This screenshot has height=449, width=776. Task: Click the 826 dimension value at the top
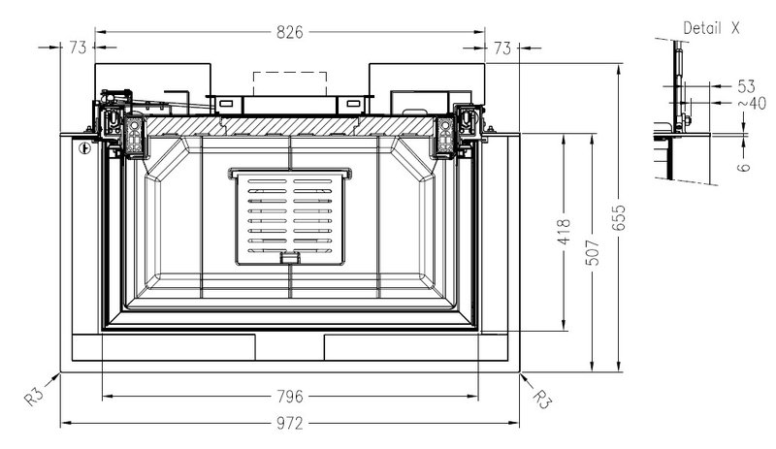289,32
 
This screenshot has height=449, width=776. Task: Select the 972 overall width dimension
289,424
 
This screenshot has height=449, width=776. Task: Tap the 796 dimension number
289,397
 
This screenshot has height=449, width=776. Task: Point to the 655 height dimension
619,218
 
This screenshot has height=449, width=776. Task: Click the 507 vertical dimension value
593,252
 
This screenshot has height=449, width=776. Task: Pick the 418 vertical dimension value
565,232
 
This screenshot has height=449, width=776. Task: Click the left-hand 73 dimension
78,48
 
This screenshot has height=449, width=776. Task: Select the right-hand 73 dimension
501,48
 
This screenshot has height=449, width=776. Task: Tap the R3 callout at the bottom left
34,397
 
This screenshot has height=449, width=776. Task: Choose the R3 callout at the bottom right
542,399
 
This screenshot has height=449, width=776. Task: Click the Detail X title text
711,28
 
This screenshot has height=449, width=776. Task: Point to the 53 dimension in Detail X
746,86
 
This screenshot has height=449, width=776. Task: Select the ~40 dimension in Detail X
753,103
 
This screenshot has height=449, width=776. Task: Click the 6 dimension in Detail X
743,167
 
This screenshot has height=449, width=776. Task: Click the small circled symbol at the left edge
85,147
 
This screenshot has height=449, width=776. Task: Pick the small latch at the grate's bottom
290,257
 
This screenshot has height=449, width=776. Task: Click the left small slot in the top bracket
225,104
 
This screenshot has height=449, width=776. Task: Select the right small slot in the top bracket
353,104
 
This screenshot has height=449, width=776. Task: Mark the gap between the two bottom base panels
289,347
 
